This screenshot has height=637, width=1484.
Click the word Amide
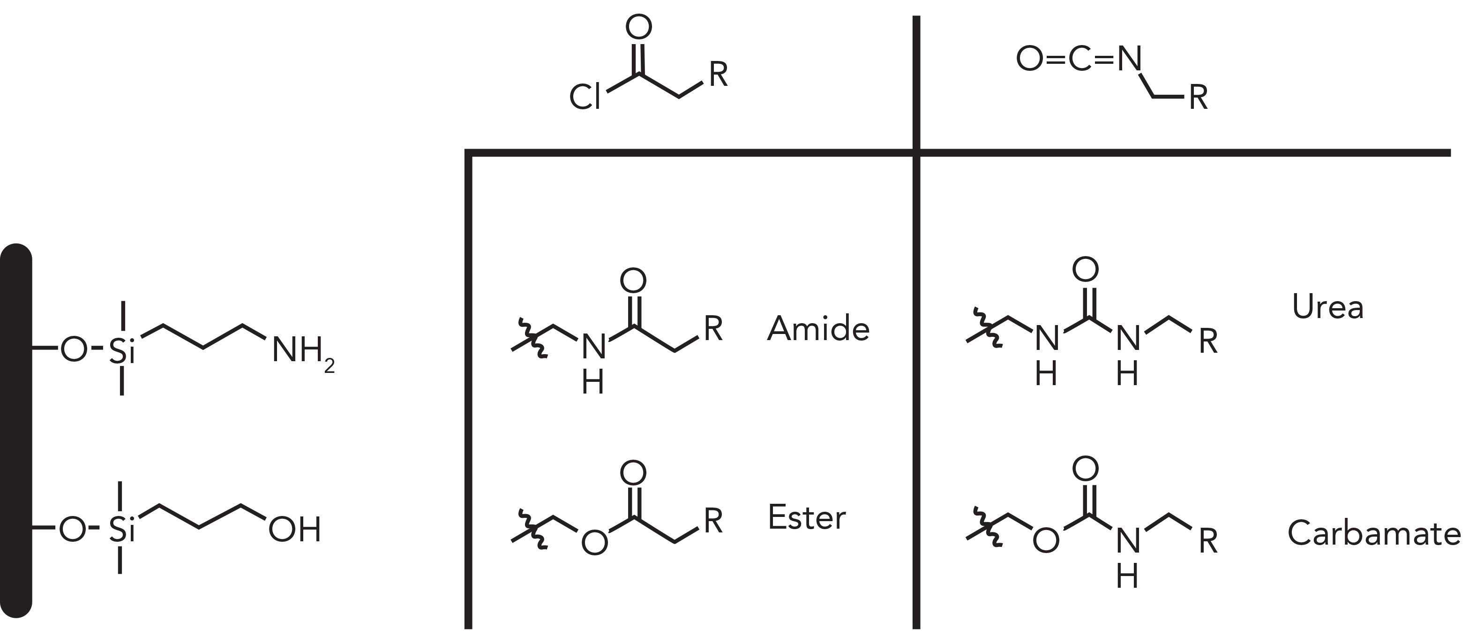[818, 329]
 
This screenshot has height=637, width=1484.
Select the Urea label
[1327, 307]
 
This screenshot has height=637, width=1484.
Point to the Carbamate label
[1374, 533]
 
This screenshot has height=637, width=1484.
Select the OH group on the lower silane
[294, 530]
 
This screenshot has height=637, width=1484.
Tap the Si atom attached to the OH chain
[120, 530]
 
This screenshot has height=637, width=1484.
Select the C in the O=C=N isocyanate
[1079, 59]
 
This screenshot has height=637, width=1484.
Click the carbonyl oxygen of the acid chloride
[638, 27]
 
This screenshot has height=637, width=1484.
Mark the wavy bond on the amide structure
[532, 338]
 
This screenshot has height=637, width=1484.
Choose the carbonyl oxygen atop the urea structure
[1086, 269]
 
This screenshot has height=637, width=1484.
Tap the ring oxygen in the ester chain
[594, 542]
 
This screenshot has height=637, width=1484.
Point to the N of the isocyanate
[1130, 59]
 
